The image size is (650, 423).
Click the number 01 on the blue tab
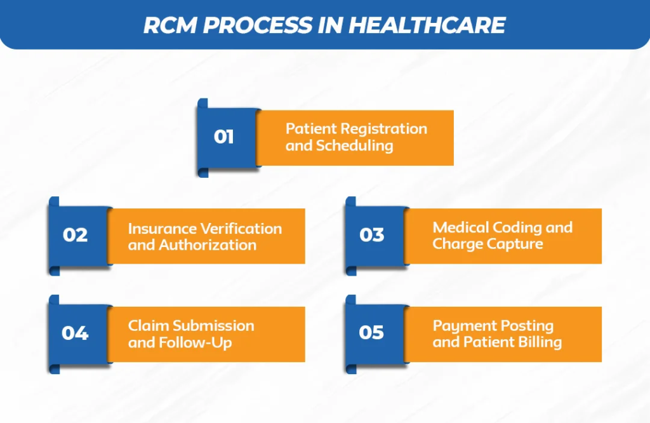click(224, 137)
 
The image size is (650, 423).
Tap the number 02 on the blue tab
click(75, 235)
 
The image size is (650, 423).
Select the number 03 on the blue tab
click(372, 235)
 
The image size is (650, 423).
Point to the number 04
click(75, 333)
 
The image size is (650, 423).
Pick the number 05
click(371, 333)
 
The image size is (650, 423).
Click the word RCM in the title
click(170, 25)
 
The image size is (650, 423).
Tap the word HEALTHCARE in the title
click(427, 25)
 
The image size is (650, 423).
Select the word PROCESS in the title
click(258, 25)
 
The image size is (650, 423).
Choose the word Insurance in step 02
click(162, 229)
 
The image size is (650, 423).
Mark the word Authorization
click(208, 245)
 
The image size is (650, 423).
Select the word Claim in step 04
click(149, 326)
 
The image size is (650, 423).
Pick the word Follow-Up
click(196, 343)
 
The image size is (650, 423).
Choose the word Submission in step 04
click(214, 326)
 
